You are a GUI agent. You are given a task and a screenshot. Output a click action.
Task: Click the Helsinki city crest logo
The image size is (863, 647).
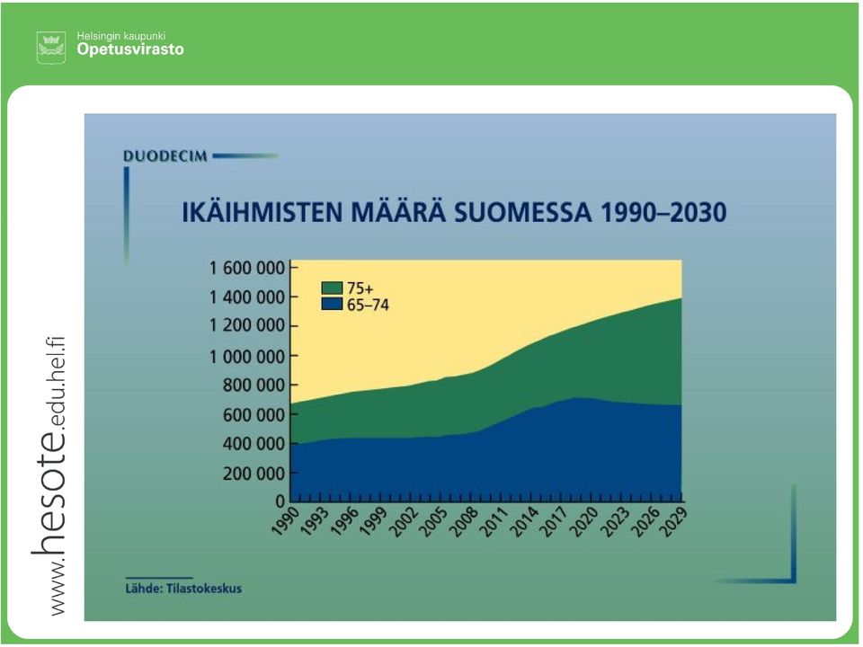(x=51, y=48)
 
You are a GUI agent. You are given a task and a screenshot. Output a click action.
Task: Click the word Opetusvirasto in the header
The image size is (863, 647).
(x=130, y=49)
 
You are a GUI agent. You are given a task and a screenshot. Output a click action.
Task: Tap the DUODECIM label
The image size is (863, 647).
(x=165, y=156)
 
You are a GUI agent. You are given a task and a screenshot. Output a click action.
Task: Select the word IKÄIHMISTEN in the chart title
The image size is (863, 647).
(x=262, y=212)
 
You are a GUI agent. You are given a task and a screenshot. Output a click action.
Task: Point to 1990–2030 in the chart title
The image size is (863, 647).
(x=663, y=212)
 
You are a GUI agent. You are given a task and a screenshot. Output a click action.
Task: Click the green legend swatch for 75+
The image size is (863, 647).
(x=332, y=288)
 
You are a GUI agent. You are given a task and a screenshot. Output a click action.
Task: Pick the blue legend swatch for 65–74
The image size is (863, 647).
(x=332, y=304)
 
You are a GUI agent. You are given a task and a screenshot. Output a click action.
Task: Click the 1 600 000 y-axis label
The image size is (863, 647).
(x=247, y=268)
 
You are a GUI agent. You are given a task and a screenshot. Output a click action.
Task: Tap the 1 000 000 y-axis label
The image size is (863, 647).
(x=247, y=357)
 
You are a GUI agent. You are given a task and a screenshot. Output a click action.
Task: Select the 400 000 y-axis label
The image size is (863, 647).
(x=254, y=443)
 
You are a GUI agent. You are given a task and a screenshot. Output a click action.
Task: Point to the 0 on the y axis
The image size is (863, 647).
(x=280, y=501)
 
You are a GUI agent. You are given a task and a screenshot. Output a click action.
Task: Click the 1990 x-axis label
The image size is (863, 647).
(x=286, y=520)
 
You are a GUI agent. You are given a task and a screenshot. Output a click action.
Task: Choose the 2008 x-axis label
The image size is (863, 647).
(x=464, y=520)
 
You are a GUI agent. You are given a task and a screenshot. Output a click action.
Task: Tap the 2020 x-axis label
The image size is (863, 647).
(x=583, y=520)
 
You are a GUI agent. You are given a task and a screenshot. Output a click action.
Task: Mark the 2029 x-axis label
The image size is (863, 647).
(x=673, y=520)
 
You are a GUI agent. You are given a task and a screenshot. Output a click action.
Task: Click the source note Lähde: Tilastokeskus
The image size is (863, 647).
(x=183, y=589)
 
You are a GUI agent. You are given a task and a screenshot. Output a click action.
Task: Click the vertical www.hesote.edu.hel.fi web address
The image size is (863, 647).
(x=49, y=476)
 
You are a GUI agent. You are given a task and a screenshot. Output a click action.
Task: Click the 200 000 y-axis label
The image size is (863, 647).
(x=254, y=474)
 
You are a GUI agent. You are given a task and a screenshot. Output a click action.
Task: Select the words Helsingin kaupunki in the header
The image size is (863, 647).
(x=121, y=36)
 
